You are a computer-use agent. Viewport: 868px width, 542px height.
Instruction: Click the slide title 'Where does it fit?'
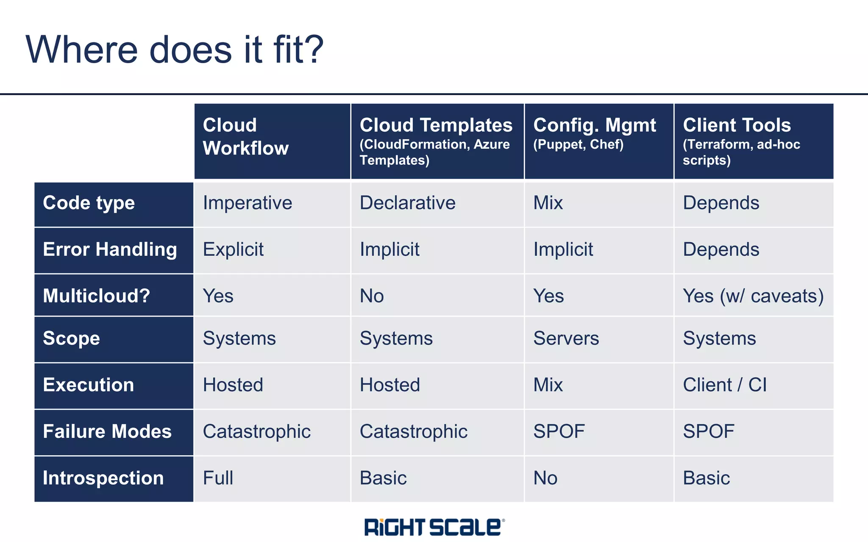pos(175,50)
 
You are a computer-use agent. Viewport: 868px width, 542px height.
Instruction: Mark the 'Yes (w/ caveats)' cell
pos(753,296)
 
